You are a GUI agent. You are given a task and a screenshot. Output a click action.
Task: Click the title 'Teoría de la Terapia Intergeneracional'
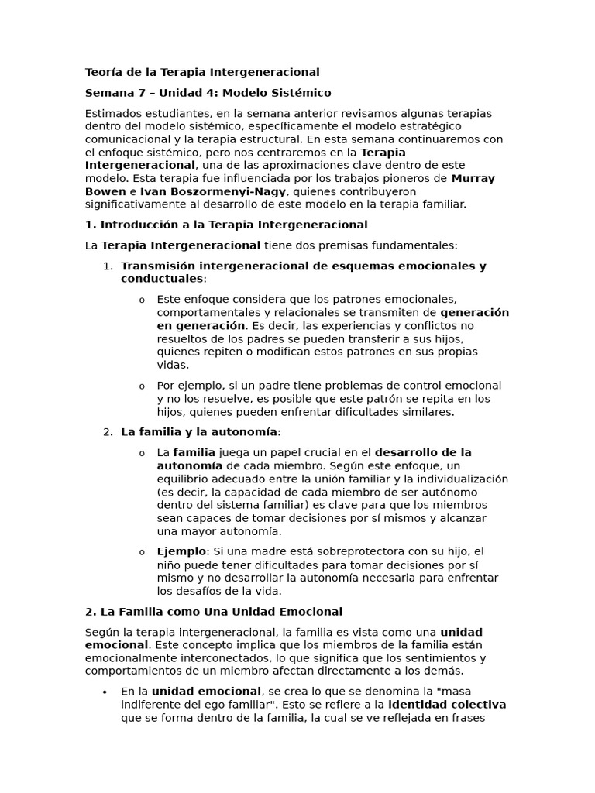[x=201, y=72]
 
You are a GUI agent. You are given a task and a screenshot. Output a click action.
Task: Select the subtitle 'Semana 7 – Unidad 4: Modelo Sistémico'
[x=208, y=93]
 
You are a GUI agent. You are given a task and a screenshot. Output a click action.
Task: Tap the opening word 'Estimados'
[x=113, y=113]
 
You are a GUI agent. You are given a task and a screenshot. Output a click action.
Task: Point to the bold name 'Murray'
[x=473, y=178]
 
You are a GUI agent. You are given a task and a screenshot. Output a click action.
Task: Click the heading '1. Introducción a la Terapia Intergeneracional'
[x=226, y=225]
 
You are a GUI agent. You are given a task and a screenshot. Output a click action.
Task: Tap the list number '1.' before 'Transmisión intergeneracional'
[x=108, y=266]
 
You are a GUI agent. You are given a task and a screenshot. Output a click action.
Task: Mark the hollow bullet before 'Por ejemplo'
[x=142, y=386]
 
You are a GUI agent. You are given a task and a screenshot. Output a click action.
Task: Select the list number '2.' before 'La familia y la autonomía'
[x=108, y=431]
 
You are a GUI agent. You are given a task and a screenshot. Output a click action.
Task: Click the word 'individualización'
[x=463, y=479]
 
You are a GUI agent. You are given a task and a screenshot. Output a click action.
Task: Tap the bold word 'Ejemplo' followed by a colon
[x=181, y=551]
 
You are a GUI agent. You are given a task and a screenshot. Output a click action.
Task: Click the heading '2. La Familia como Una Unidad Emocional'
[x=213, y=612]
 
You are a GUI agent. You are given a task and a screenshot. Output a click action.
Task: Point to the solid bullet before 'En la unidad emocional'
[x=105, y=692]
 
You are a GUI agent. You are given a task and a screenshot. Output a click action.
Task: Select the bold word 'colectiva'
[x=475, y=705]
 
